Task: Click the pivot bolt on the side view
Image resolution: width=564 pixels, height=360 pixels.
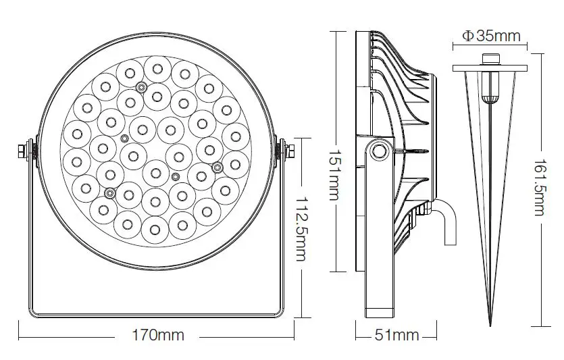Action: point(379,149)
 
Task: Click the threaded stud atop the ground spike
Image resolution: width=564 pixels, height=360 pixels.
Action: point(491,61)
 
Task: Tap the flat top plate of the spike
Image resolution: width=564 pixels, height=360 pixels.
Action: point(491,68)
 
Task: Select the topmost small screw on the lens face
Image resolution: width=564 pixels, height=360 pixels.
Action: point(140,86)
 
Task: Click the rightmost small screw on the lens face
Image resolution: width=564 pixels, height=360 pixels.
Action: point(217,165)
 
